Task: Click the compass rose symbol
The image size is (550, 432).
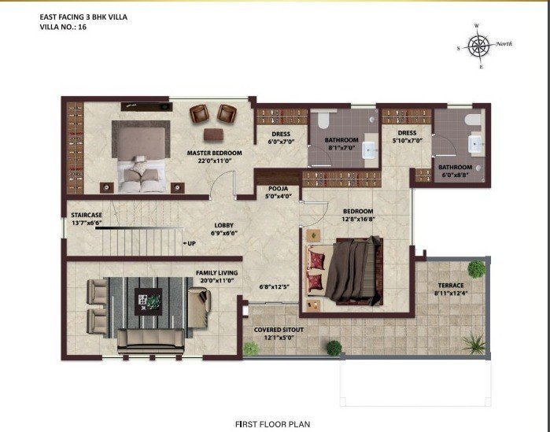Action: tap(479, 46)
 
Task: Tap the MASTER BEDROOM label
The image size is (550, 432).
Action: tap(214, 153)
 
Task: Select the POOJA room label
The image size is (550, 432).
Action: tap(279, 189)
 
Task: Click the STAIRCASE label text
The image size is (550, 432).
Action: tap(87, 215)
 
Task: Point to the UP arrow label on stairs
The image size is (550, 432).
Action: tap(189, 243)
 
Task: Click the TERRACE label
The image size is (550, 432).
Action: tap(451, 286)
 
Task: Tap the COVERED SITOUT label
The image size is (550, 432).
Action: tap(279, 330)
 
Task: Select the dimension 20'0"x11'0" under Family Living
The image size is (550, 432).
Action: tap(217, 280)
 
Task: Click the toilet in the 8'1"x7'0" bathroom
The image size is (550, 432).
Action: tap(323, 120)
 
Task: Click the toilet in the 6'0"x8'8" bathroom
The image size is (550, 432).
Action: tap(473, 120)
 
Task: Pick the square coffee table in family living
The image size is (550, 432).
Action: tap(149, 301)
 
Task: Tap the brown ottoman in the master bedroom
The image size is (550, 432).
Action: tap(213, 135)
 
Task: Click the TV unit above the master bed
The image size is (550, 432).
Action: tap(146, 106)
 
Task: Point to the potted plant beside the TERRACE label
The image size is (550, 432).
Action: tap(477, 269)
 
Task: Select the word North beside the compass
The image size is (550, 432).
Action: tap(504, 44)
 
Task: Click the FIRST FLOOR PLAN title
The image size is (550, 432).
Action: tap(272, 424)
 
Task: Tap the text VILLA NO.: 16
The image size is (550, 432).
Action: tap(63, 27)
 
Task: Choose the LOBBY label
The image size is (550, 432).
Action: tap(223, 226)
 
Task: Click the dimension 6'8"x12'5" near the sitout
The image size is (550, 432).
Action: tap(275, 287)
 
